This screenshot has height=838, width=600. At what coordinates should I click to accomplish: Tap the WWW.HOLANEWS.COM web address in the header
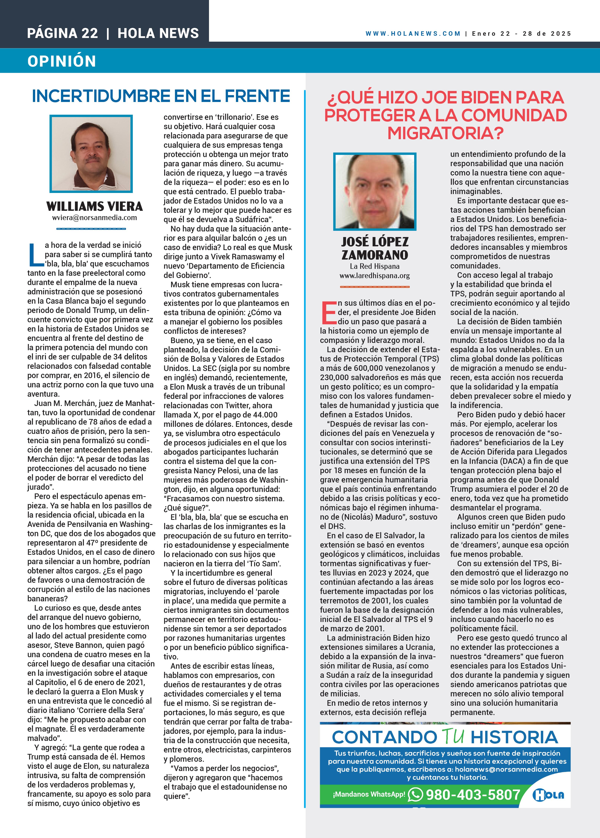click(413, 34)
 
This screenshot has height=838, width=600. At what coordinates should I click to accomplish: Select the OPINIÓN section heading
click(62, 61)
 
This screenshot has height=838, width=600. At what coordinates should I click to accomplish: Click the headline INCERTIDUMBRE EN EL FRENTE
click(161, 96)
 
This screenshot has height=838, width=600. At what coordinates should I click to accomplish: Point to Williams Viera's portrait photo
click(91, 154)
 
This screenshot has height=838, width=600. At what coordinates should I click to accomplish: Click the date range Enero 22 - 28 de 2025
click(521, 34)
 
